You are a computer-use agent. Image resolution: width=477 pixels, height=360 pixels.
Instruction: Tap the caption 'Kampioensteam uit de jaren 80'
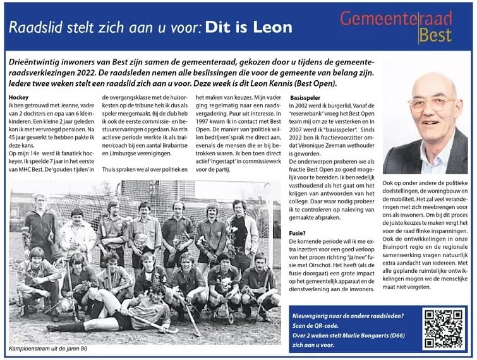[52, 349]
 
